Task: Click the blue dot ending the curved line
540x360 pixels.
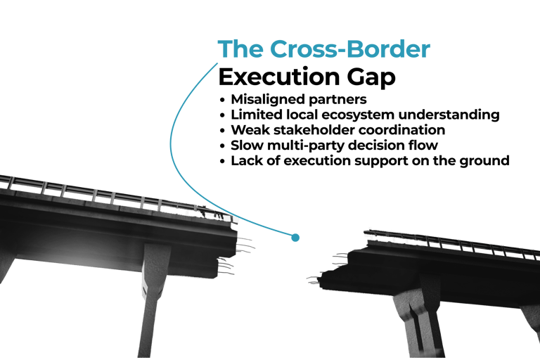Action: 295,238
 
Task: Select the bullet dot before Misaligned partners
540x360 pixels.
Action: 223,100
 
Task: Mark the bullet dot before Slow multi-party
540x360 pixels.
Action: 223,146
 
